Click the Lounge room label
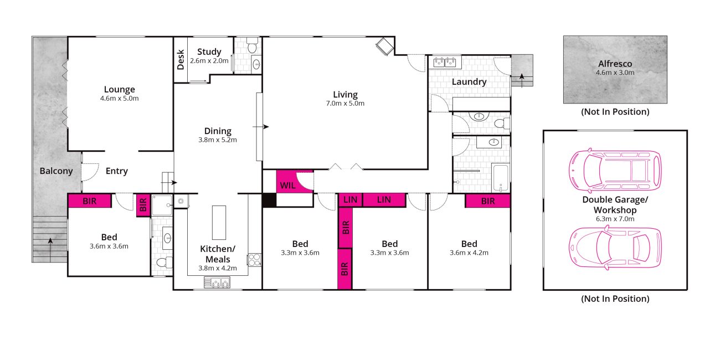119,89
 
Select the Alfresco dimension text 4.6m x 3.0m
615,73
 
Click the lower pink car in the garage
615,248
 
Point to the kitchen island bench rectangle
219,223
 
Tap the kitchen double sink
217,282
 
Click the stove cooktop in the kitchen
254,260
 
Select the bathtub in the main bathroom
501,178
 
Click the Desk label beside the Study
181,59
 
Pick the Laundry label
469,82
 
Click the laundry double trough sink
445,62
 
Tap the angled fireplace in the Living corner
385,47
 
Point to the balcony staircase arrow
50,250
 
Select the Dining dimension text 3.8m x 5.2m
218,140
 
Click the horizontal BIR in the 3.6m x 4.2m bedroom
488,201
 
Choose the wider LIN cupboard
384,200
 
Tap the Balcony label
56,171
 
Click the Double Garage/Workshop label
615,205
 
